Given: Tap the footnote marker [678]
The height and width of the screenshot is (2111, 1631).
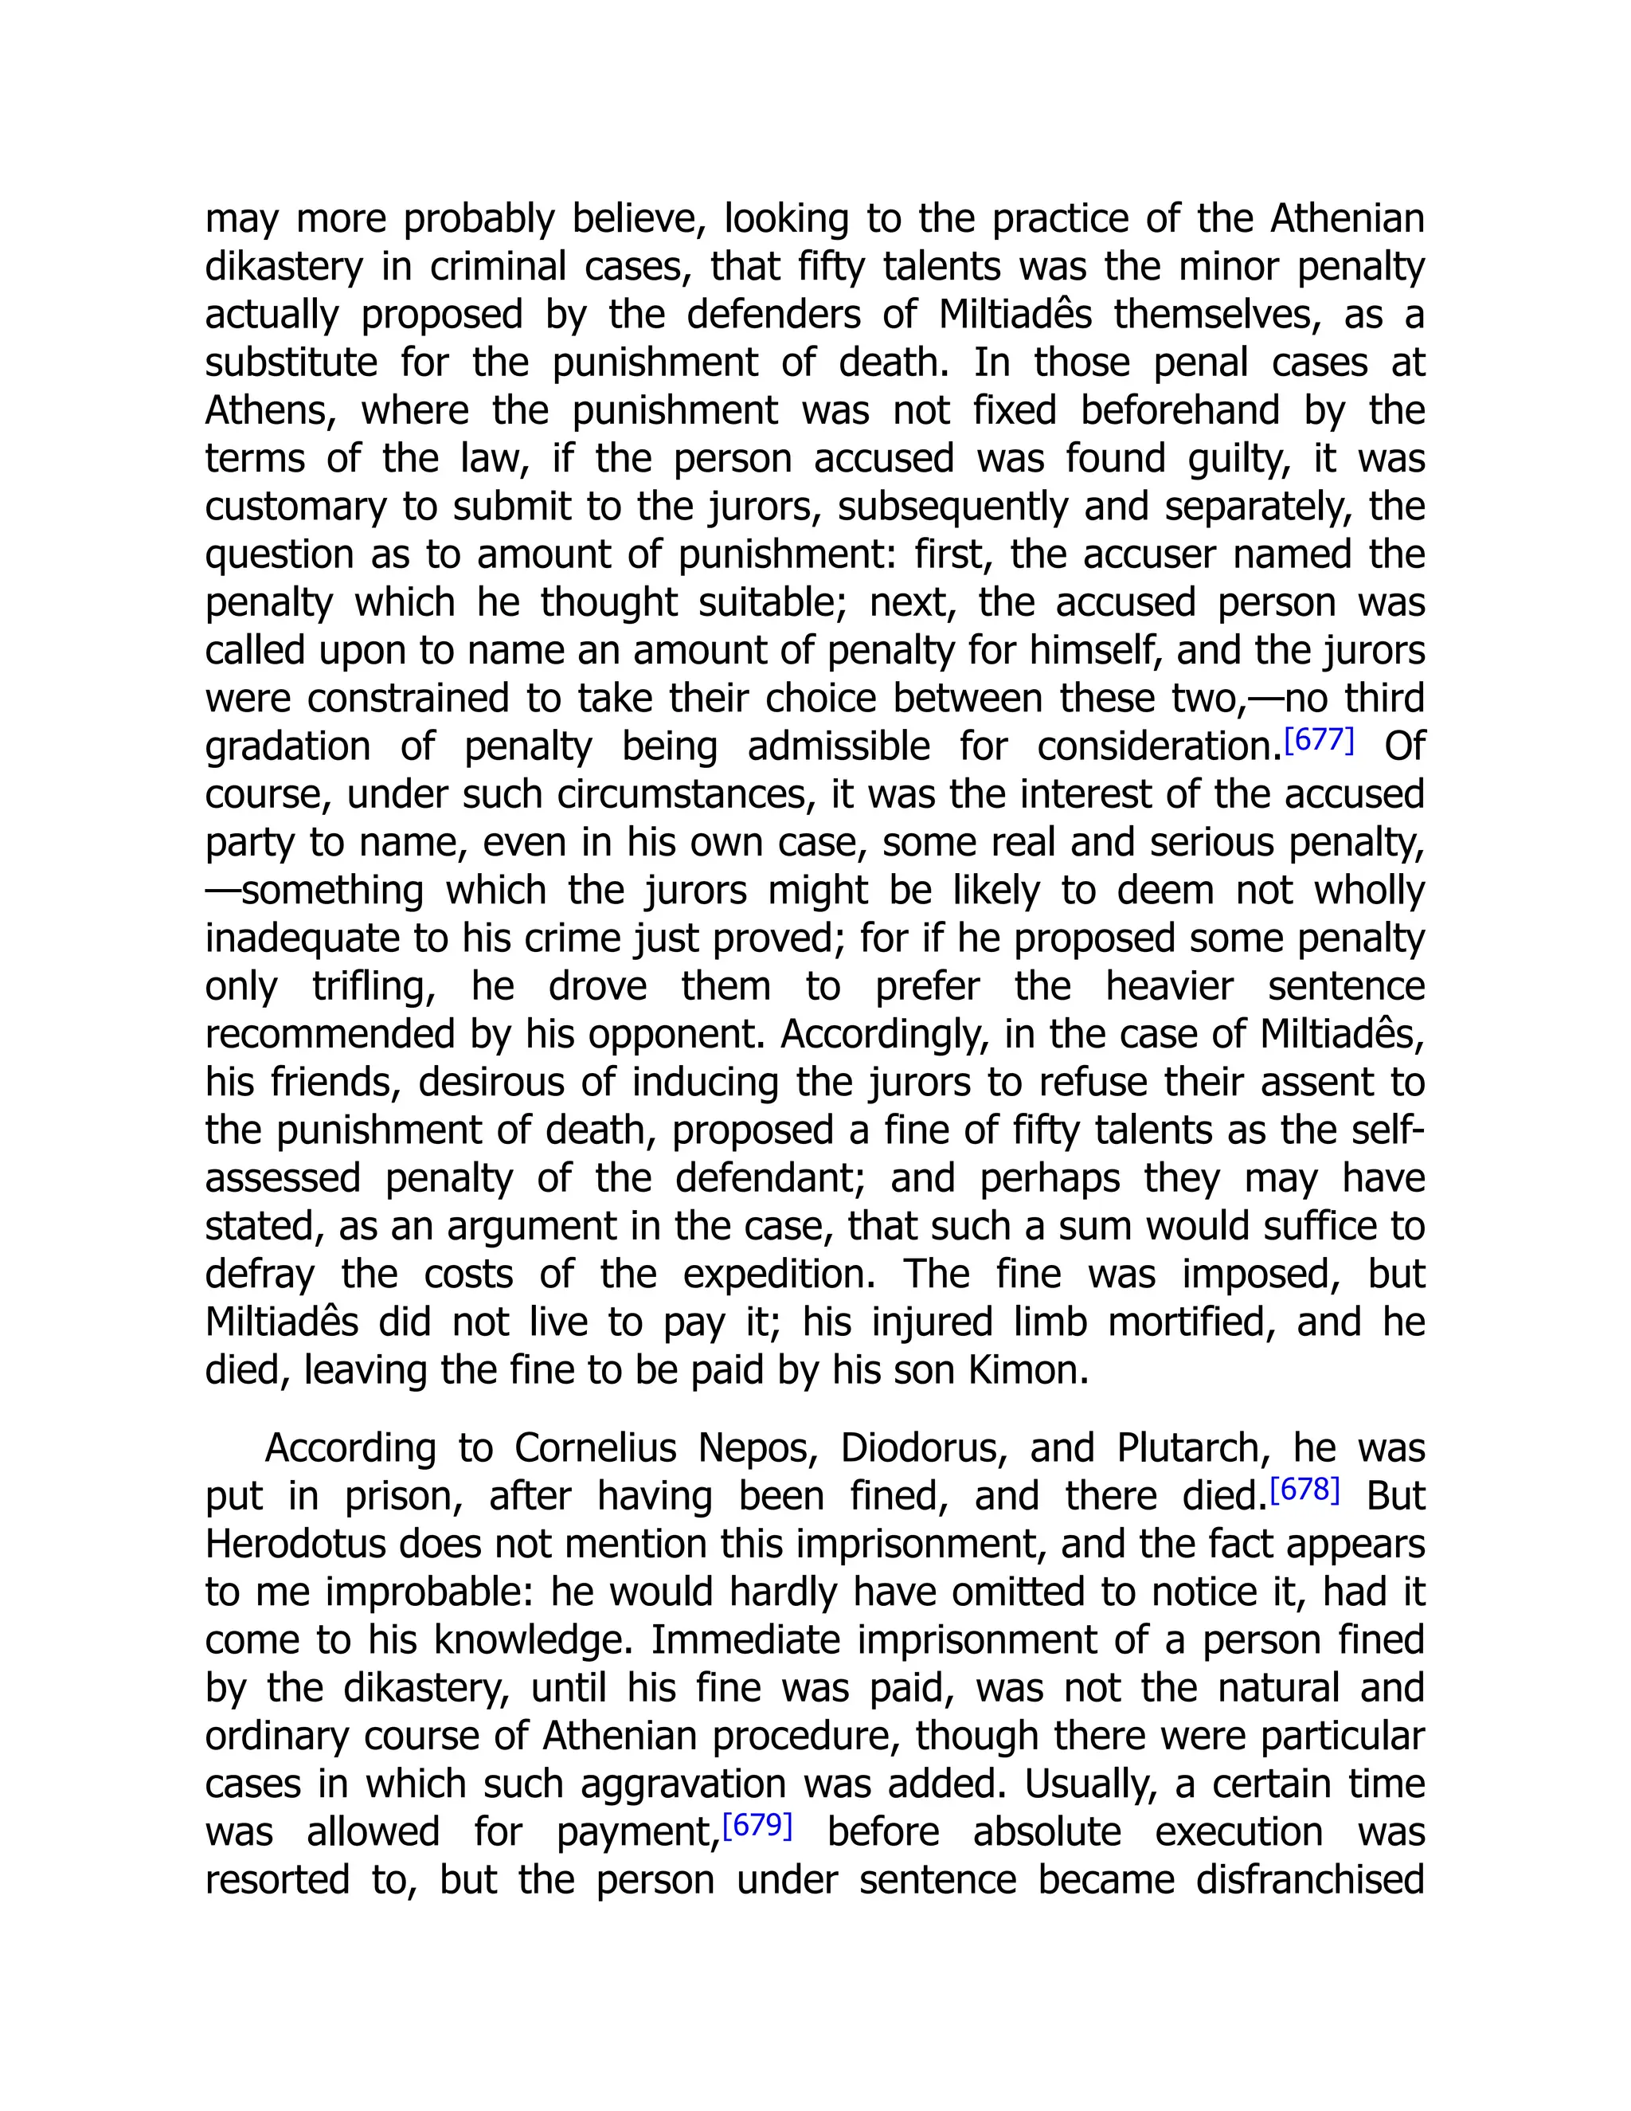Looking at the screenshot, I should point(1304,1490).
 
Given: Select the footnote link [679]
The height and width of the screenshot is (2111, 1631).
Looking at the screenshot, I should point(757,1826).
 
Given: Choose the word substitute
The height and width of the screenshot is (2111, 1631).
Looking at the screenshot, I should point(291,363).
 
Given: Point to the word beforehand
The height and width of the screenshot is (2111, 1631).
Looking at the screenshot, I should point(1179,412).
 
